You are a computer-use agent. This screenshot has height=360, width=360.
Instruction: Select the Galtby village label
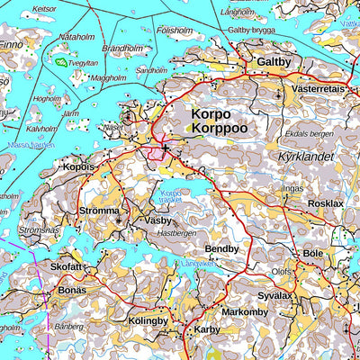tap(274, 61)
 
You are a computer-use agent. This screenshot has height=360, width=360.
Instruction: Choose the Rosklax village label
tap(325, 203)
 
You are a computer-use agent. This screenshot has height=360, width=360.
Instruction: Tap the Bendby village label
tap(222, 248)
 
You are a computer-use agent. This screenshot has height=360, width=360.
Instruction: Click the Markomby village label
tap(245, 311)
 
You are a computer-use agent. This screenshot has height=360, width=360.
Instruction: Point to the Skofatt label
tap(67, 267)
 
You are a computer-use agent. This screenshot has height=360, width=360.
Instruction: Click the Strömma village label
tap(99, 211)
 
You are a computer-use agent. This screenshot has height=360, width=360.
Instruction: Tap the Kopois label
tap(79, 167)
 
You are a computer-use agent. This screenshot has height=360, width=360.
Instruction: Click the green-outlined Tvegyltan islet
tap(62, 63)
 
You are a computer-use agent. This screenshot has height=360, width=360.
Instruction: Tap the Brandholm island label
tap(121, 49)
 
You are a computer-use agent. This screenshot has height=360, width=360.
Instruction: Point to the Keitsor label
tap(43, 8)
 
